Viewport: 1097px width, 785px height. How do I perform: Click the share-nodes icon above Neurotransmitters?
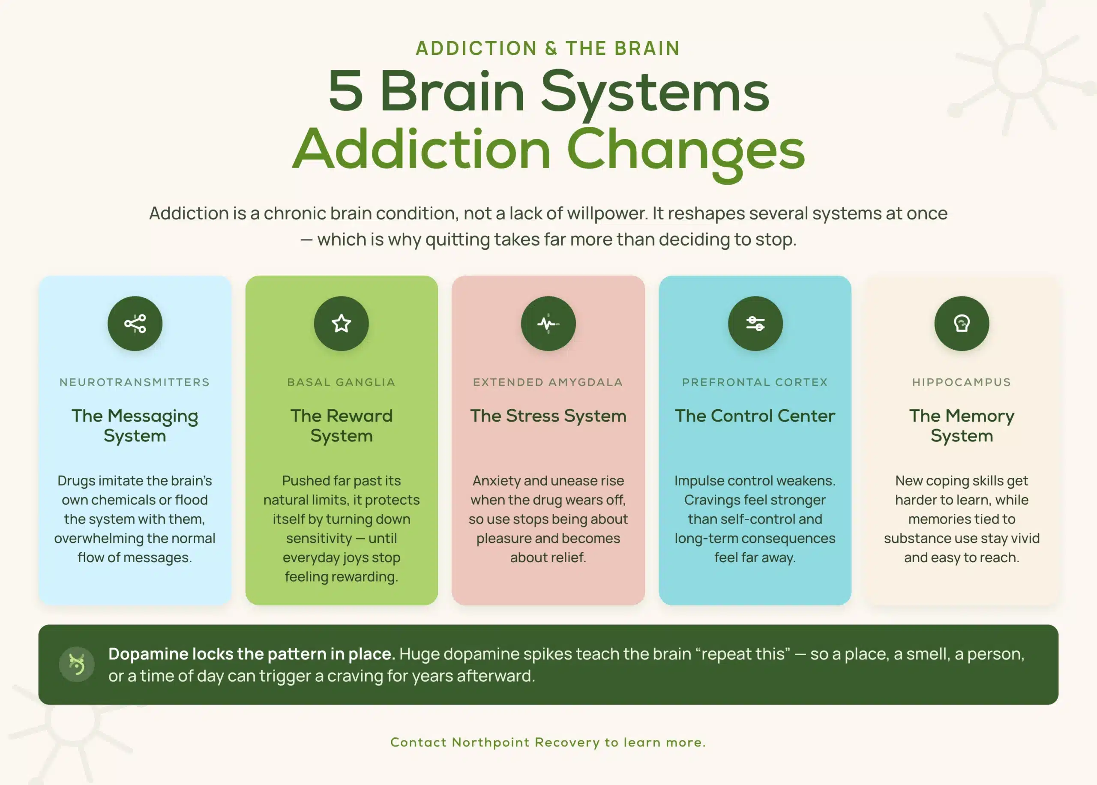click(x=135, y=324)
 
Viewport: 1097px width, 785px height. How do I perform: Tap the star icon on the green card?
click(x=341, y=324)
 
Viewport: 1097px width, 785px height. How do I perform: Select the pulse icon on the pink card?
click(x=548, y=324)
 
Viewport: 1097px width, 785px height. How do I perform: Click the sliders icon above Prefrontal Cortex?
click(x=755, y=324)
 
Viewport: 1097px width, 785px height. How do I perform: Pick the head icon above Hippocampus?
click(x=962, y=324)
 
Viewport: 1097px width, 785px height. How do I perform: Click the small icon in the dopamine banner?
click(x=76, y=664)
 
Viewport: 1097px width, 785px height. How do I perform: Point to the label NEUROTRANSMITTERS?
click(x=135, y=382)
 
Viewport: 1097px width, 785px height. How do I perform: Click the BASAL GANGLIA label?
click(x=341, y=382)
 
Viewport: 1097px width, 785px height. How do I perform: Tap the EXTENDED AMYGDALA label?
click(x=548, y=382)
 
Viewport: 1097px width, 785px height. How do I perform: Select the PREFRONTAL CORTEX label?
click(x=755, y=382)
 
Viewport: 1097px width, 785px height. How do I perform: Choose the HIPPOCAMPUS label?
click(x=962, y=382)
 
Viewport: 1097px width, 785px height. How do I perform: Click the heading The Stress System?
click(x=548, y=416)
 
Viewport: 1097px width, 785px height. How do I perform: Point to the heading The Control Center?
click(x=755, y=416)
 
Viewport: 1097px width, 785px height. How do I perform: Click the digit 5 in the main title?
click(x=345, y=90)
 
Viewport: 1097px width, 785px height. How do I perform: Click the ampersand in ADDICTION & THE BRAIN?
click(x=551, y=48)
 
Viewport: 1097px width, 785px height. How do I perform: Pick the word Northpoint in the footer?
click(x=491, y=742)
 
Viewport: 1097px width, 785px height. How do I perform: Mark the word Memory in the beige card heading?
click(x=980, y=416)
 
